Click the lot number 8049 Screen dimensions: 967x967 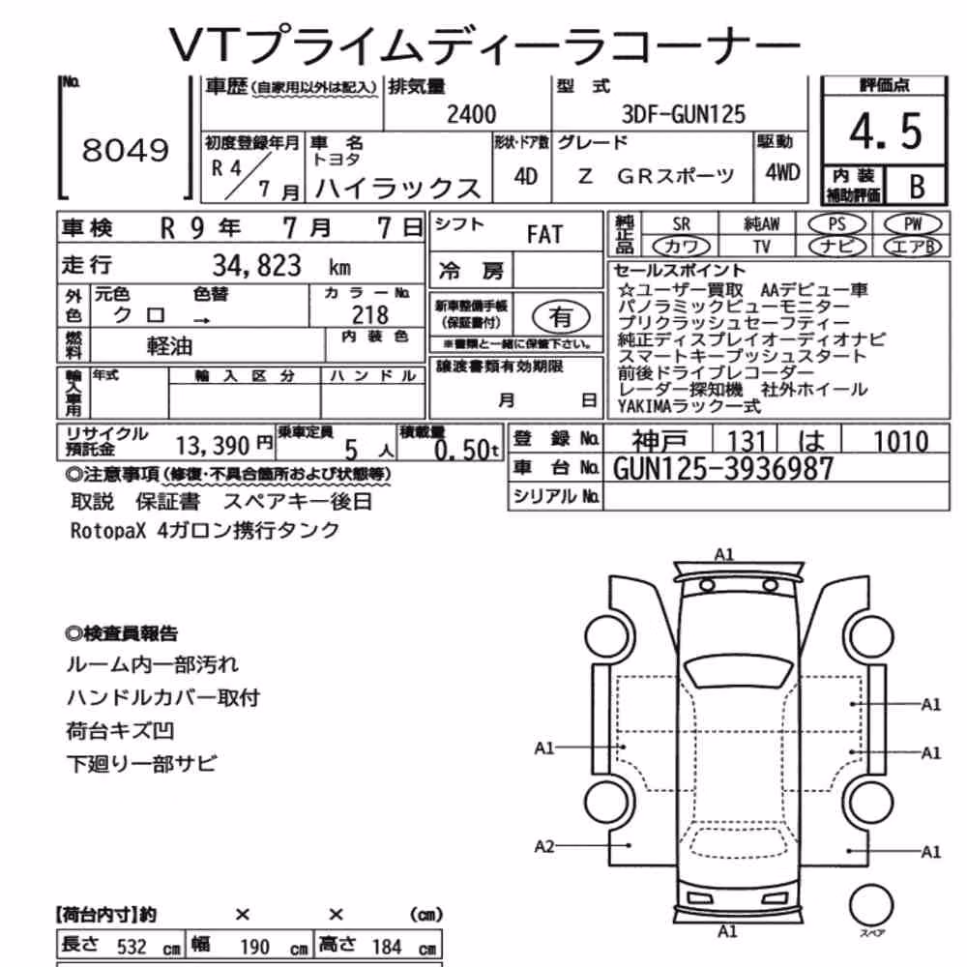(125, 150)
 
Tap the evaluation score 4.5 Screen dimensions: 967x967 (885, 132)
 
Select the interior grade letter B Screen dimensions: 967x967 (917, 186)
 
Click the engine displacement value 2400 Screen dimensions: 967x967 (471, 115)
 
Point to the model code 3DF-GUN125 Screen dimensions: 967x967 (684, 114)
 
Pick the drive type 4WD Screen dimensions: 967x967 (782, 173)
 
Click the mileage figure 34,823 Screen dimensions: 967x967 (257, 266)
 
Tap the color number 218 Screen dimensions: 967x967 (370, 315)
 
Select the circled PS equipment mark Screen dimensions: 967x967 (836, 224)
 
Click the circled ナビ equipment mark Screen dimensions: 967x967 (836, 247)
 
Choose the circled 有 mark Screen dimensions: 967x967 (561, 317)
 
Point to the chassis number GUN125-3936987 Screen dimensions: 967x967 (722, 469)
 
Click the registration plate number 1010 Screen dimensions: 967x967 (900, 442)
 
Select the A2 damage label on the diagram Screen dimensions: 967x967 (543, 847)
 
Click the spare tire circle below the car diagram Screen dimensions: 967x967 (871, 906)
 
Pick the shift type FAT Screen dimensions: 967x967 (544, 235)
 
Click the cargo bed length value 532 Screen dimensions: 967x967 (132, 947)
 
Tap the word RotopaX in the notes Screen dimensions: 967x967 (108, 530)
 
